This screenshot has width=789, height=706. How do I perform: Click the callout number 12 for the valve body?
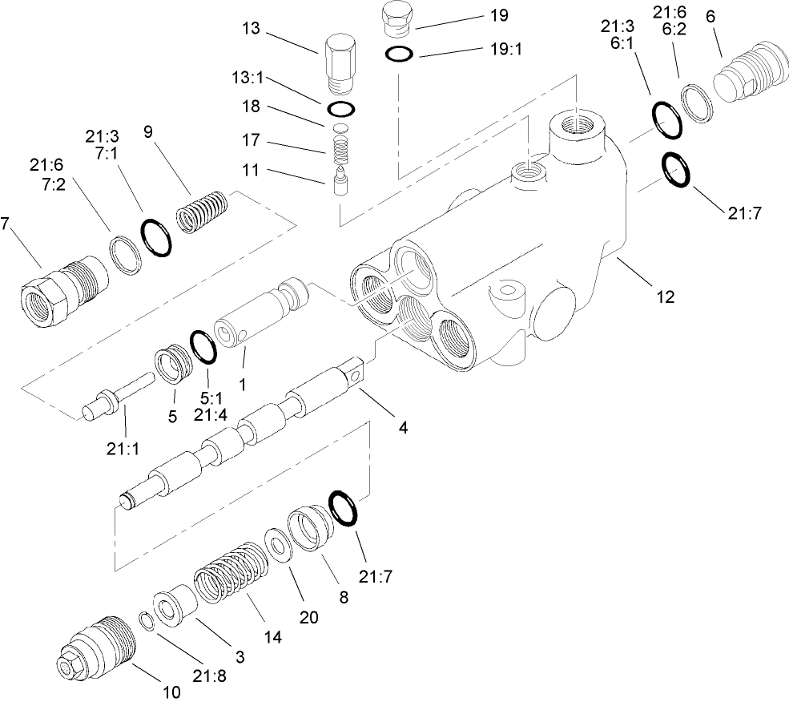(x=664, y=296)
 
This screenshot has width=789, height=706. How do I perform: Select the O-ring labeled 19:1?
(x=399, y=54)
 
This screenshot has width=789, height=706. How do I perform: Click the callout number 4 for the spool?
(x=403, y=427)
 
